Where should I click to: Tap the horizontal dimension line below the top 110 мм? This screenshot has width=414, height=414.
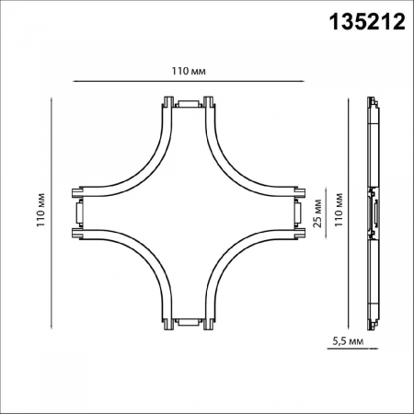[x=187, y=82]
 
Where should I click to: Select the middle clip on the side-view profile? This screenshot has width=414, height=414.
[x=374, y=212]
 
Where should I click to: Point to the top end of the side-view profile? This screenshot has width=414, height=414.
[x=374, y=100]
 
